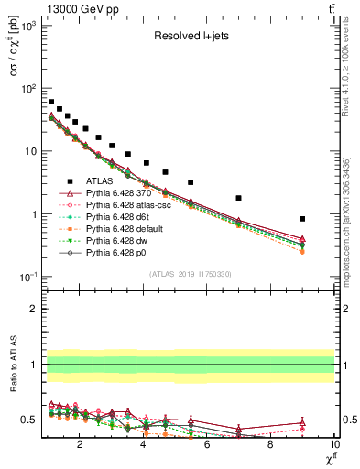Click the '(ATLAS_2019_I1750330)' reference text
pos(190,274)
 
